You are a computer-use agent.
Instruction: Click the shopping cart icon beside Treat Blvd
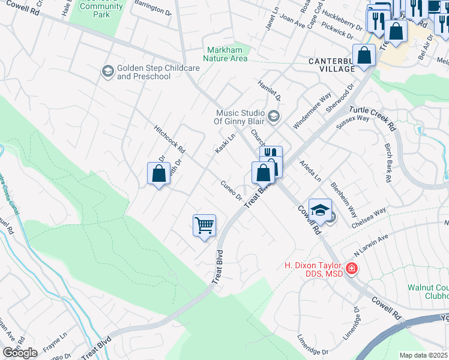(x=205, y=226)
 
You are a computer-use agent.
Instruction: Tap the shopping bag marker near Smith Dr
(x=158, y=174)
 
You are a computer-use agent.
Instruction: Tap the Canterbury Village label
(x=331, y=65)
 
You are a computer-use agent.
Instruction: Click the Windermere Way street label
(x=313, y=110)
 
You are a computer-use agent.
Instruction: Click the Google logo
(x=19, y=353)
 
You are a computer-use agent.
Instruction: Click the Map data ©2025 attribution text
(x=423, y=355)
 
